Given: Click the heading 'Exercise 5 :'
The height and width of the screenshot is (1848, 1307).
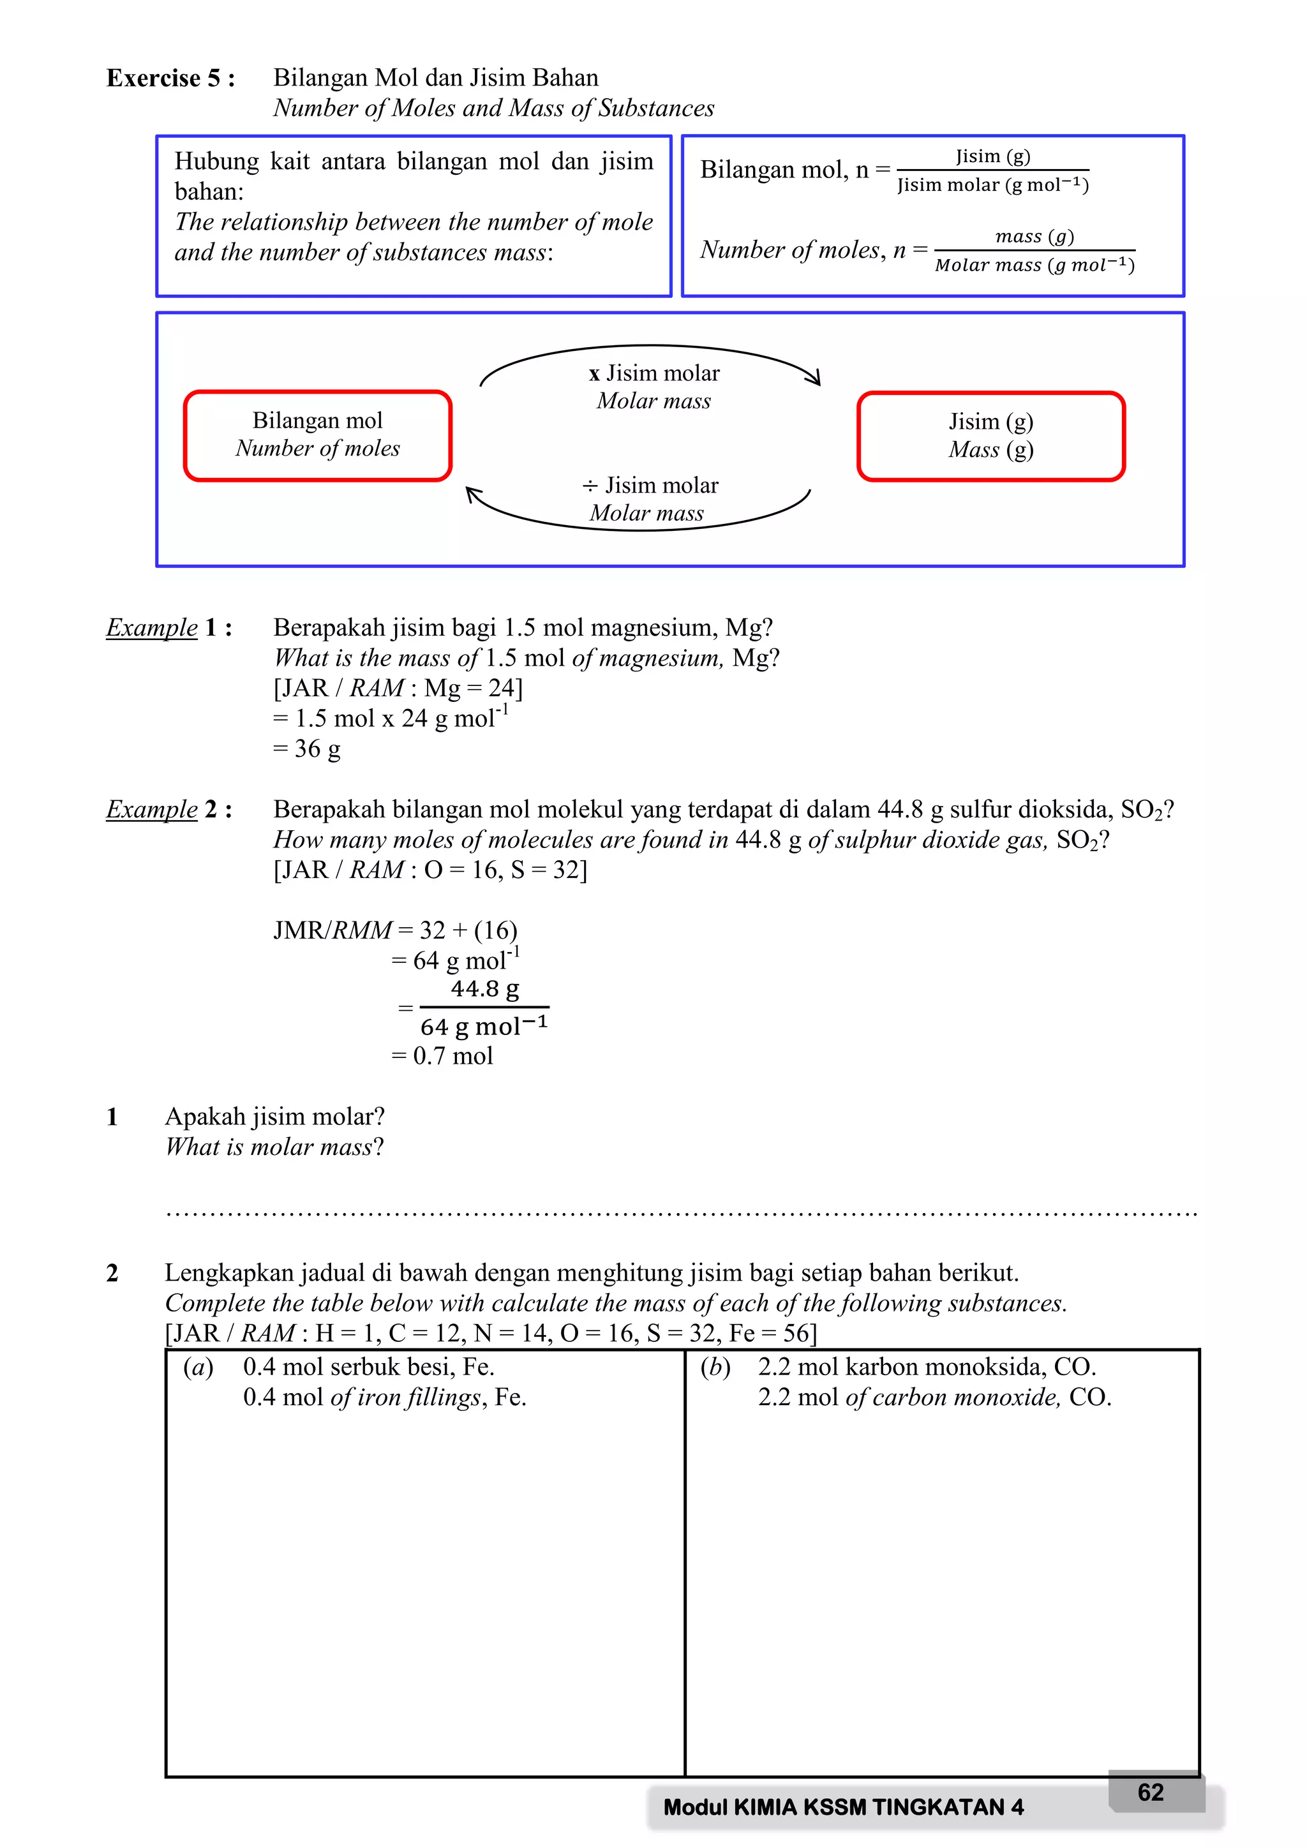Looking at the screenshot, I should [x=170, y=78].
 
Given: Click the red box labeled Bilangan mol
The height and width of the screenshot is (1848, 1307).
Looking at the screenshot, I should [x=317, y=435].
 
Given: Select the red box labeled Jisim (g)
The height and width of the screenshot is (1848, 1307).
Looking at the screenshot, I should [x=990, y=436].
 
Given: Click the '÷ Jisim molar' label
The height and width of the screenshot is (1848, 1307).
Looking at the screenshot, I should [x=650, y=486].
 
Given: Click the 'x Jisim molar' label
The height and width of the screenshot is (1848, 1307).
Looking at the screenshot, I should [x=654, y=373].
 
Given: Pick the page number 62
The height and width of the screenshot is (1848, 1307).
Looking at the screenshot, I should [x=1150, y=1792].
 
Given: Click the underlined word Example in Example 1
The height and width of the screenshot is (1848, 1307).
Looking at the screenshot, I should [x=152, y=627].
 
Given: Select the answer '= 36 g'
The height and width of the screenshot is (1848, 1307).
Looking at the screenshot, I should [x=306, y=749].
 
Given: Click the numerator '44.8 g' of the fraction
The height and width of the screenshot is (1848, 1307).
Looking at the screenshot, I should [x=484, y=988].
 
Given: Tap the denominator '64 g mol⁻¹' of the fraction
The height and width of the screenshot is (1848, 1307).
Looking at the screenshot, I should [x=484, y=1026].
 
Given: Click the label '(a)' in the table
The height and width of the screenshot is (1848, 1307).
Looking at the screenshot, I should [x=198, y=1367].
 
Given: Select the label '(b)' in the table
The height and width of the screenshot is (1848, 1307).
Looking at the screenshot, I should [x=715, y=1367].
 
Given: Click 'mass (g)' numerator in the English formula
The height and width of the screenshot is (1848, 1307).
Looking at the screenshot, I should [x=1034, y=236].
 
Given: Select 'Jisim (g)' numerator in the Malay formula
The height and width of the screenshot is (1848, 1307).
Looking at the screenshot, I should [x=992, y=156].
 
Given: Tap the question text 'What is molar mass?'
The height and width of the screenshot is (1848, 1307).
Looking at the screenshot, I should [x=274, y=1146].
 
